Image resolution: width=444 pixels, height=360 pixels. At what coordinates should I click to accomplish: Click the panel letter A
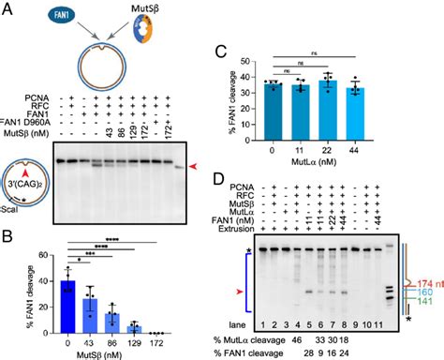pyautogui.click(x=7, y=9)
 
